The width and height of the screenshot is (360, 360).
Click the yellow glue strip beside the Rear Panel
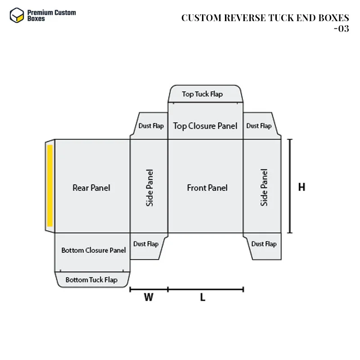point(50,185)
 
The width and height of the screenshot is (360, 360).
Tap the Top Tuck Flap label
point(202,94)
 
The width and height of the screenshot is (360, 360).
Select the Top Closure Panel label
point(205,126)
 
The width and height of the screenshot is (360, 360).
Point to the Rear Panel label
point(91,188)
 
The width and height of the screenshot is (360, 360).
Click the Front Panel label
point(207,188)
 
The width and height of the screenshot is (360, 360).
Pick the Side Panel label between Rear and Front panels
point(150,188)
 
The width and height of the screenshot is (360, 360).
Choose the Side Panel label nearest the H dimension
point(264,187)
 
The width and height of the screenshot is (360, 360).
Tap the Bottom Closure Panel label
point(94,250)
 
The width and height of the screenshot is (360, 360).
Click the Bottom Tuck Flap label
point(91,280)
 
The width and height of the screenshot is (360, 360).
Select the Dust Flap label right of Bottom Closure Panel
point(146,244)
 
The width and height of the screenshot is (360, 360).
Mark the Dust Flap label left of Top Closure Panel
point(151,126)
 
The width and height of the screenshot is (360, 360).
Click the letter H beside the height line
point(301,187)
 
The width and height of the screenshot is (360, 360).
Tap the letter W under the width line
point(148,297)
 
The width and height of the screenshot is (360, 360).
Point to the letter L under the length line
point(203,297)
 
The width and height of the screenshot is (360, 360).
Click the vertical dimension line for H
point(290,186)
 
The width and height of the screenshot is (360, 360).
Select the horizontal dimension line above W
point(149,289)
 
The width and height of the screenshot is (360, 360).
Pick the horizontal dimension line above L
point(206,289)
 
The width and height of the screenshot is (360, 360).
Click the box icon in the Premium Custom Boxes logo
point(17,15)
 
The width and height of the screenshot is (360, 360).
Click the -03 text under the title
point(341,29)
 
